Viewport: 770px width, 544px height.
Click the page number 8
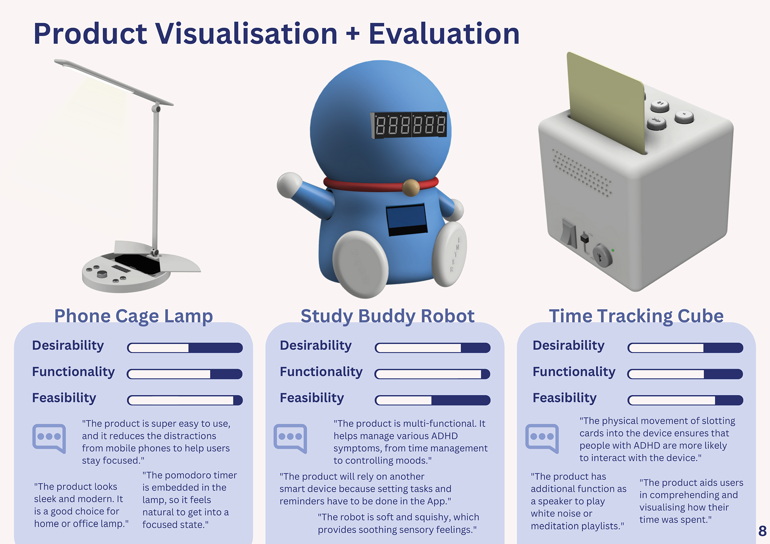coord(762,531)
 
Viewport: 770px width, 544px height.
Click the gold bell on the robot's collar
coord(411,187)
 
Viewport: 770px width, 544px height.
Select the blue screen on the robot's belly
coord(406,220)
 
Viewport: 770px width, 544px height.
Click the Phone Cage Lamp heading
coord(134,316)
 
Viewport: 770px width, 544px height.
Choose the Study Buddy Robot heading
coord(387,316)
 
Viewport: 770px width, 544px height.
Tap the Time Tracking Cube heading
coord(636,316)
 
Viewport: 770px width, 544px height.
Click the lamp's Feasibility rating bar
coord(185,400)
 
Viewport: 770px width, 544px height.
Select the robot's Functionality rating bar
coord(432,374)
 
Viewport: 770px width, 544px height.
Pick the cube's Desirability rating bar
coord(685,348)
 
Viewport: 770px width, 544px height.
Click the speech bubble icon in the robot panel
coord(290,438)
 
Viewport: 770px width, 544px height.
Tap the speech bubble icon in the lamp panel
coord(49,438)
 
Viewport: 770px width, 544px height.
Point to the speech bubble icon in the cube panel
coord(542,438)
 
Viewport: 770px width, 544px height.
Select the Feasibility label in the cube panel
coord(565,398)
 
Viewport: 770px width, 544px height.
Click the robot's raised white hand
coord(290,185)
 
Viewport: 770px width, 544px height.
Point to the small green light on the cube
coord(612,250)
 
